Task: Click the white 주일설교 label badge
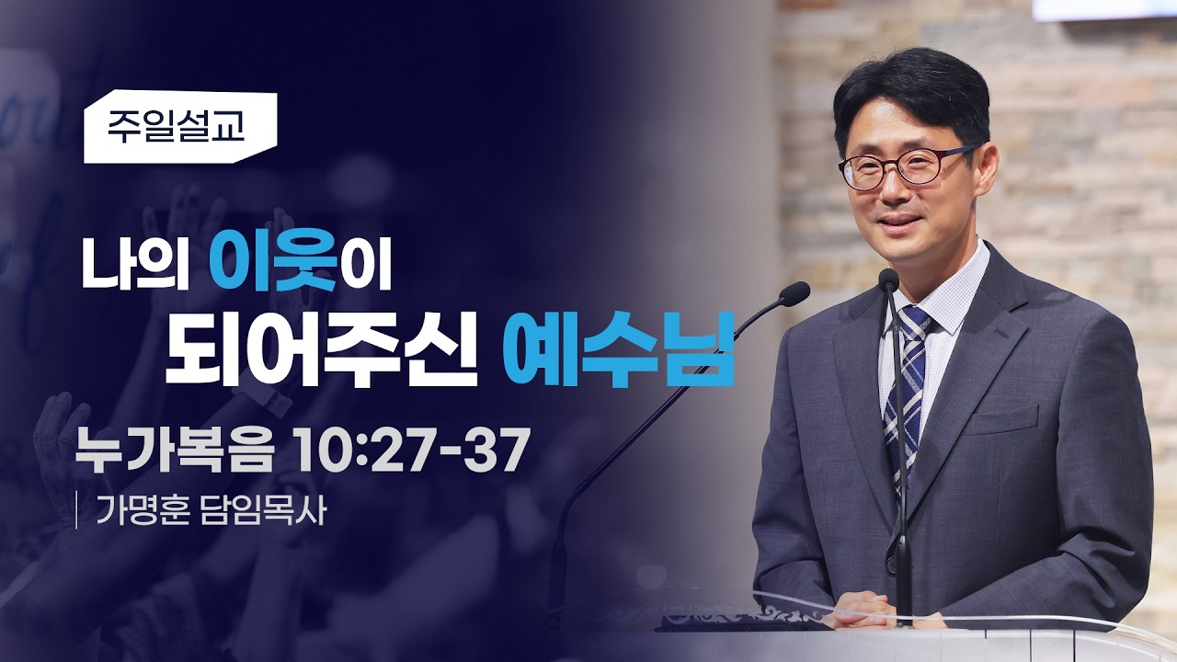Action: click(180, 127)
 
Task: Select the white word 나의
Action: click(134, 263)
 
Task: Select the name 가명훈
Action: click(142, 509)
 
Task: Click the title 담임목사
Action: click(263, 509)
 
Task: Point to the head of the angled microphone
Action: click(794, 292)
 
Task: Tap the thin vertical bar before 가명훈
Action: click(78, 509)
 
